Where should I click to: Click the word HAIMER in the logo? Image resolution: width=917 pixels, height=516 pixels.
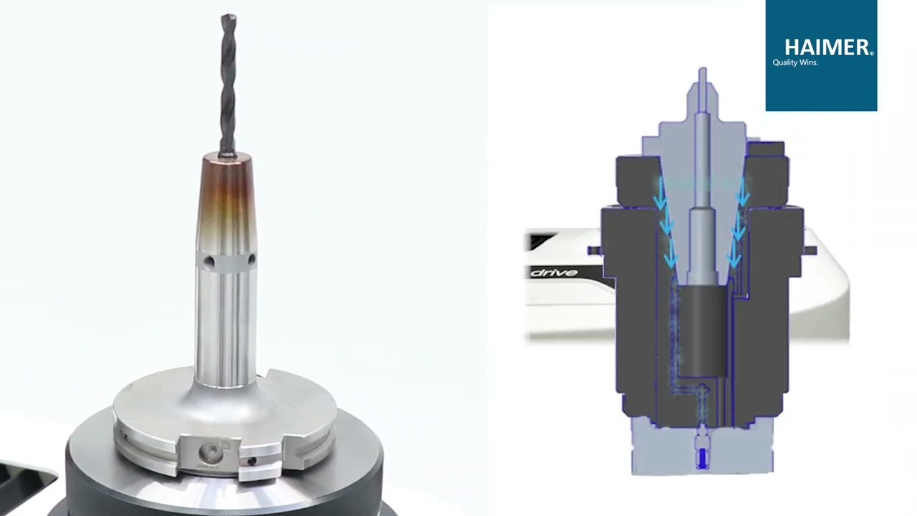[x=827, y=48]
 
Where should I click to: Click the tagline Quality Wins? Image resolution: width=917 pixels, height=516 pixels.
[x=795, y=62]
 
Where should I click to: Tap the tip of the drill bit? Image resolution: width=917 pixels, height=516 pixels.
[x=229, y=16]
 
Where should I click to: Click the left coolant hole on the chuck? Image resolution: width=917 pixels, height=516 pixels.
[x=208, y=262]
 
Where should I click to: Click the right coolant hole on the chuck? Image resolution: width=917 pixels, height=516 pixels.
[x=251, y=259]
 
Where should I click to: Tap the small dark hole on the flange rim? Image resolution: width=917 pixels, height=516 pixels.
[x=251, y=461]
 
